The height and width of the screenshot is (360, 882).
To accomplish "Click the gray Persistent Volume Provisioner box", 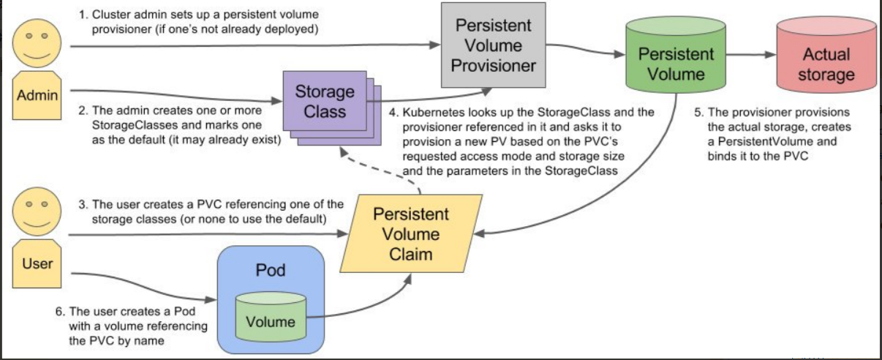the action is pos(494,45).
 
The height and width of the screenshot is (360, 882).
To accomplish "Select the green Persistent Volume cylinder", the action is pos(676,55).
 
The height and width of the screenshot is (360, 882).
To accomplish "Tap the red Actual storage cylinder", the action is pos(826,55).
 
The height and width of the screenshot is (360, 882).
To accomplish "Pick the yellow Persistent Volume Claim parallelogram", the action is pos(411,233).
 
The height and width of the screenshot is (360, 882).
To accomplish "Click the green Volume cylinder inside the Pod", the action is pos(271,316).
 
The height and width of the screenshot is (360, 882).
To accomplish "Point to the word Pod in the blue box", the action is pos(271,270).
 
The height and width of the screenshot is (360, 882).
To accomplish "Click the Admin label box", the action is pos(37,95).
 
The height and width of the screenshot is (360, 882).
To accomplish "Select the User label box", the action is pos(37,263).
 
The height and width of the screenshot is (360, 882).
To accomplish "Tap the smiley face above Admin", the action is pos(37,43).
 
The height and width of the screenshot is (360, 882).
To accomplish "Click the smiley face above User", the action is pos(37,211).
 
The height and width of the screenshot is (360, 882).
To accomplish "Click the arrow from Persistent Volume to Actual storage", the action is pos(751,55).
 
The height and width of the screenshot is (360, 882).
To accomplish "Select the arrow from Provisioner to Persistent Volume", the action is pos(586,49).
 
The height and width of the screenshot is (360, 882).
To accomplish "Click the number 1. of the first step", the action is pos(83,15).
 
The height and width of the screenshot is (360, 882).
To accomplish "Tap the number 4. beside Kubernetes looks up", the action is pos(393,113).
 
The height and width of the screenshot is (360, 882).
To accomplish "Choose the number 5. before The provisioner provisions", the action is pos(699,112).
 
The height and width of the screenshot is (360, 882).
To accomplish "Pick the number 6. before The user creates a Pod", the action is pos(60,312).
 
